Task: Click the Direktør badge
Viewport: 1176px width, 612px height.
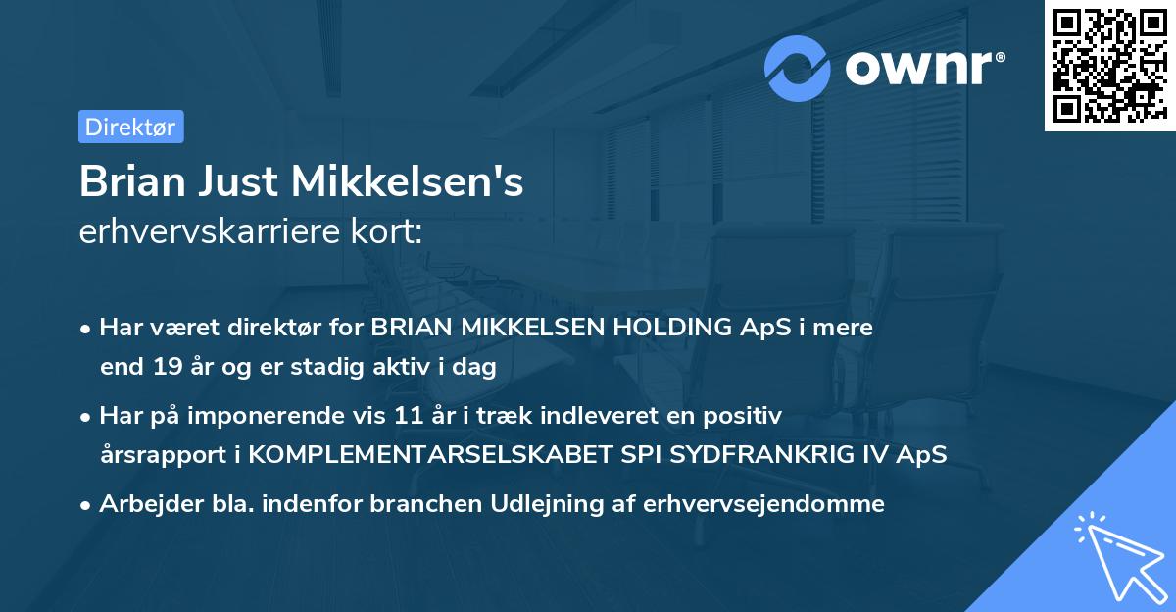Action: point(130,127)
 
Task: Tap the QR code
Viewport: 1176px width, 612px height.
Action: point(1108,65)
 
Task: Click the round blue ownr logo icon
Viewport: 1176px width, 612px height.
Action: point(798,68)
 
